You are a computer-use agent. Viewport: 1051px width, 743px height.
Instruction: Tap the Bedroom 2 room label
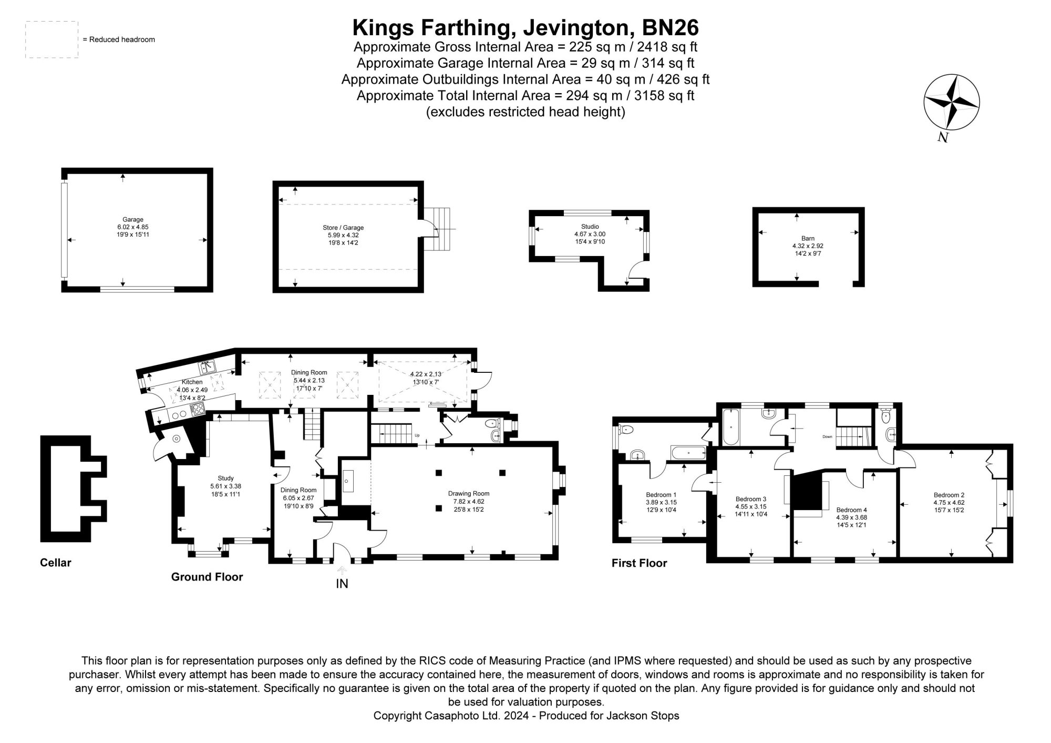point(949,495)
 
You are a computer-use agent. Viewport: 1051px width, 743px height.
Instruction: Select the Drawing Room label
point(468,493)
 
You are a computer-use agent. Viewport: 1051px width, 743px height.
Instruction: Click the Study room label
point(225,478)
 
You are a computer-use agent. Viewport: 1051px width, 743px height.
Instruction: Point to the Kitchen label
point(192,382)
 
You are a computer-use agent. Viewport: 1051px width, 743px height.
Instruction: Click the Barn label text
point(807,238)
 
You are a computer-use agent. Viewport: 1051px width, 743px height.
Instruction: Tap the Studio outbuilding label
point(590,227)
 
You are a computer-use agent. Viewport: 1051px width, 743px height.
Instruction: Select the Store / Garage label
point(343,228)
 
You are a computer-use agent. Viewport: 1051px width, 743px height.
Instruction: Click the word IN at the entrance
point(342,584)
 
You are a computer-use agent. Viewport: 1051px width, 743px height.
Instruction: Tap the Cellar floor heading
point(55,563)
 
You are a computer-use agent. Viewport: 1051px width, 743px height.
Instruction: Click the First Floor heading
point(639,563)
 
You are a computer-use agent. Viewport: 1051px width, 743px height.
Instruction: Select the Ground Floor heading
point(207,577)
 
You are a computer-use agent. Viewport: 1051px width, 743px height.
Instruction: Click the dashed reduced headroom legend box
point(51,39)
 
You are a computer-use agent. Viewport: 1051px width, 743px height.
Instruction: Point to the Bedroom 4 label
point(851,510)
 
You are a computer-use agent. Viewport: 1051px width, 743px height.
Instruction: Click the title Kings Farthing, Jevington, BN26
point(525,27)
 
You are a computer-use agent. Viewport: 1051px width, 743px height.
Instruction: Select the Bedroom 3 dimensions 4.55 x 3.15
point(750,506)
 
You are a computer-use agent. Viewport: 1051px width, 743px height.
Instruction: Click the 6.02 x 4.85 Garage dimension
point(133,227)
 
